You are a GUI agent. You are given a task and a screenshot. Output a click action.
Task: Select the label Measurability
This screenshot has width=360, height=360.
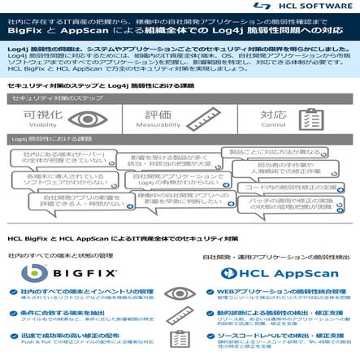click(x=158, y=126)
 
